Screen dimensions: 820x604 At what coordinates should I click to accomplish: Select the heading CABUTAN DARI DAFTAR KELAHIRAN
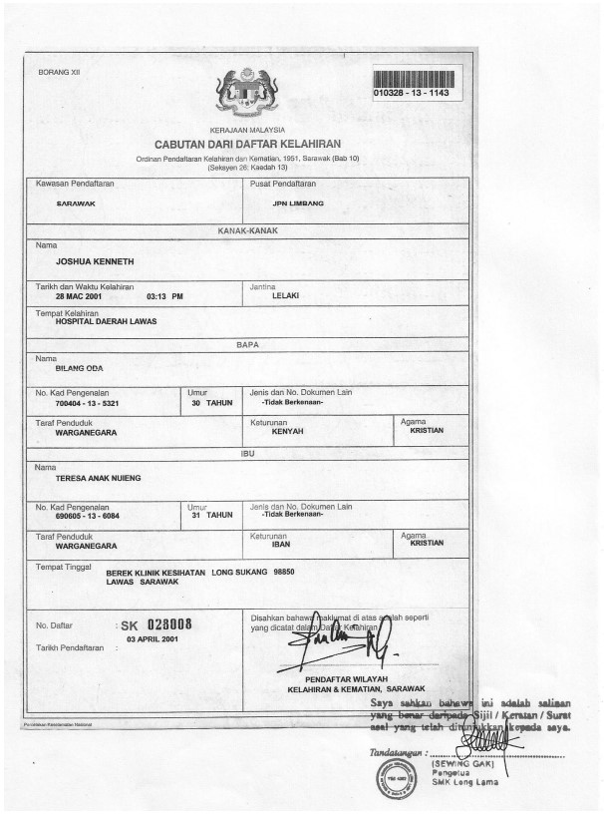(247, 146)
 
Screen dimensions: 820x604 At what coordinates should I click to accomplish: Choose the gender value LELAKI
(286, 296)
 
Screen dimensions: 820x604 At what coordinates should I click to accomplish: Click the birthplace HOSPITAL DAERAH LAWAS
(106, 322)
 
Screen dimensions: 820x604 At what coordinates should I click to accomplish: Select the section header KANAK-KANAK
(247, 230)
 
